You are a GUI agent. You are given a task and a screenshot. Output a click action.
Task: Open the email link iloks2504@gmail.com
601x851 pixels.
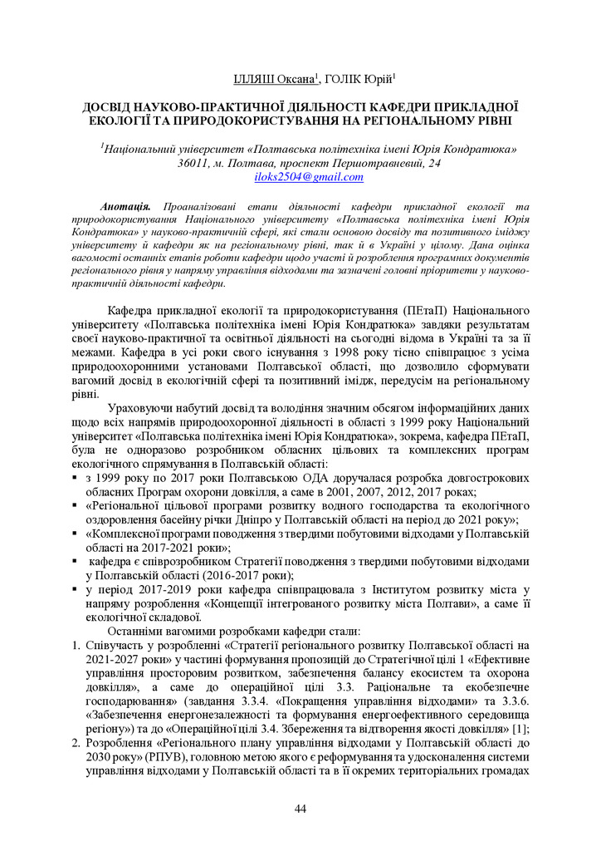click(309, 177)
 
